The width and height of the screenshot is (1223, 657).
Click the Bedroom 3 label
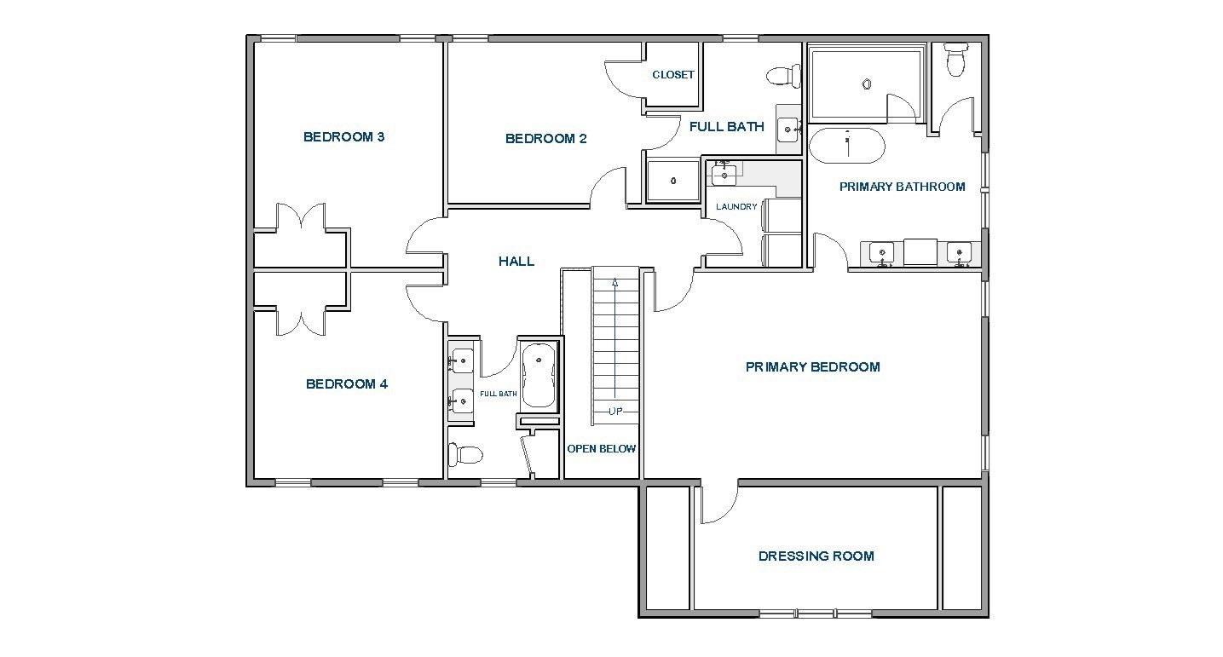pos(344,137)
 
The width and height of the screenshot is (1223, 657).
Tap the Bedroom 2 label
pos(546,139)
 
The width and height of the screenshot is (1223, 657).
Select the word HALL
pos(516,262)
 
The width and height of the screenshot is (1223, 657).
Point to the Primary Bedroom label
pos(813,366)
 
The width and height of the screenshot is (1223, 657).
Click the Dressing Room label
pos(816,556)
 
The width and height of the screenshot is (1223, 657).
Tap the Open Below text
pos(601,448)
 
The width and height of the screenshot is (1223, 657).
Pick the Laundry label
pos(736,206)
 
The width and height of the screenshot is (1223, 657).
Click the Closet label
pos(673,75)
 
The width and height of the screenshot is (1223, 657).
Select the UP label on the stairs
pos(615,412)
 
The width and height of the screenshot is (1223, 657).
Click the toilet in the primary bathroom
pos(956,60)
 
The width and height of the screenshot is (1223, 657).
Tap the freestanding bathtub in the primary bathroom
pos(847,146)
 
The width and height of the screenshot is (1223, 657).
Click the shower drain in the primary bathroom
pos(867,84)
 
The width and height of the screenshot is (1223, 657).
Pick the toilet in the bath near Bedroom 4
pos(465,454)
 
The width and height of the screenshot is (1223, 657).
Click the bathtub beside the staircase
pos(539,376)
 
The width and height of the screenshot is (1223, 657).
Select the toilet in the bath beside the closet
pos(784,76)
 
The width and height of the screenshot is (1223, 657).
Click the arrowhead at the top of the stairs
pos(615,282)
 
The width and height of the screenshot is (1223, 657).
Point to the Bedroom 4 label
pos(347,384)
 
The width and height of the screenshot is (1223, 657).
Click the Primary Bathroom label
pos(902,187)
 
